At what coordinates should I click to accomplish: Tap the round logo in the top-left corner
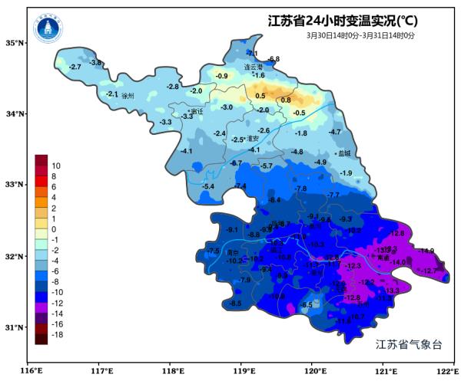(48, 30)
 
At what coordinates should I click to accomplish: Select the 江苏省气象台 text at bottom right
(410, 345)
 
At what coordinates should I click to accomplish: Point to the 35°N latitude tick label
(16, 42)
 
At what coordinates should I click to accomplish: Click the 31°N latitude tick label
(16, 327)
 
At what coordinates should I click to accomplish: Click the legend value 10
(56, 165)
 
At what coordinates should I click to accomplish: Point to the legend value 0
(55, 229)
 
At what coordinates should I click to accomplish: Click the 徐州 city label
(128, 97)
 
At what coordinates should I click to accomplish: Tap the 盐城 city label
(343, 153)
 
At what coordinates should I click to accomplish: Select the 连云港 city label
(254, 67)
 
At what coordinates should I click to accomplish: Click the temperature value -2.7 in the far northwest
(75, 67)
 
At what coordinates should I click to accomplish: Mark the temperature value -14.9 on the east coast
(426, 251)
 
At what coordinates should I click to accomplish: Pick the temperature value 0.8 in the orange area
(286, 100)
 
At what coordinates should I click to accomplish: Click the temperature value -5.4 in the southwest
(207, 186)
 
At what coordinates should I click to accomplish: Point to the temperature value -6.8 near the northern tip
(274, 59)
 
